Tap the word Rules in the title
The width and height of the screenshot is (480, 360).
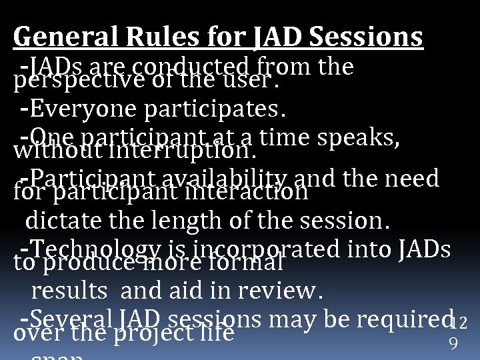[x=139, y=37]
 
